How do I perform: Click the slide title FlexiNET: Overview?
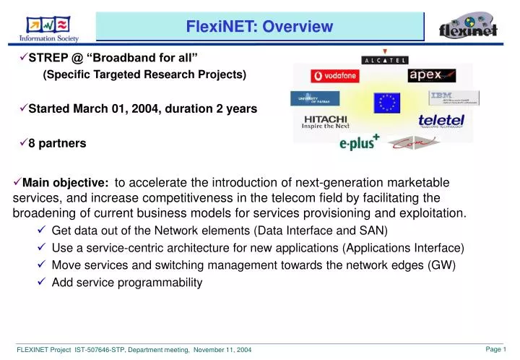point(259,27)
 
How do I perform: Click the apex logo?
point(431,75)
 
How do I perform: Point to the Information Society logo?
point(48,27)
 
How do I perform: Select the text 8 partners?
point(57,144)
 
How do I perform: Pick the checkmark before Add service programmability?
point(42,283)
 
